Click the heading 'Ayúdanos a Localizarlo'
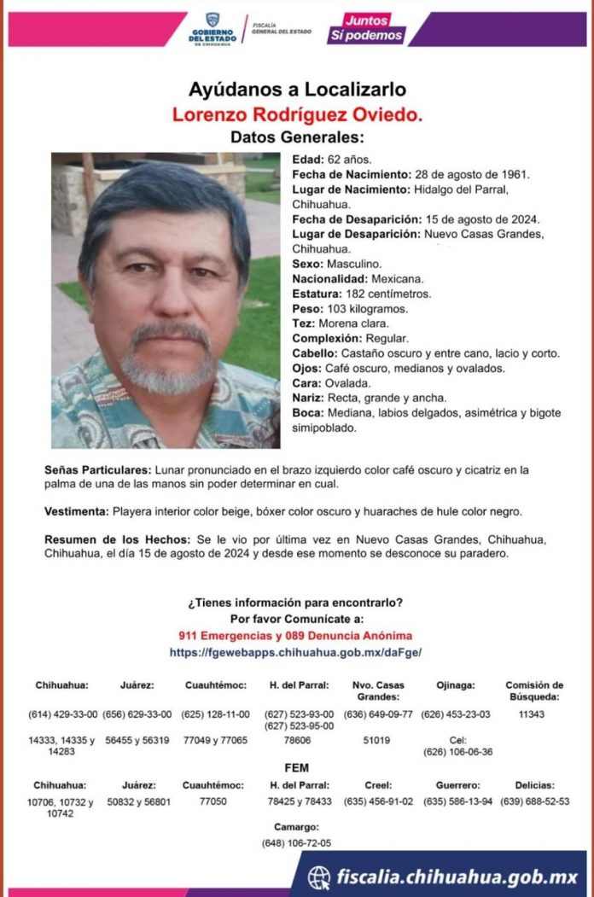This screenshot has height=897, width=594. [x=296, y=90]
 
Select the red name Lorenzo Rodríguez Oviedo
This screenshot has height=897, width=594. [x=296, y=114]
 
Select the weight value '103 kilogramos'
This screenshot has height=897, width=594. [x=363, y=308]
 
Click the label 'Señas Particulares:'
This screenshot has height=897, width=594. [x=98, y=470]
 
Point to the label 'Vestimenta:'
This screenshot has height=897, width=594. [x=77, y=511]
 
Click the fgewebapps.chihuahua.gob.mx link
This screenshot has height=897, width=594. [x=296, y=652]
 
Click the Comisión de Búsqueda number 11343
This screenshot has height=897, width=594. [x=533, y=714]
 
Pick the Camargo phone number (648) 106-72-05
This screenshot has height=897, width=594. [x=296, y=842]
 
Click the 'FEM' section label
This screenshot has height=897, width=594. [x=296, y=766]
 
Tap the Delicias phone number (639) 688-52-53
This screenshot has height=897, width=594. [x=535, y=801]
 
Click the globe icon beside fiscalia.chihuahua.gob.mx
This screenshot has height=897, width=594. [x=319, y=877]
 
